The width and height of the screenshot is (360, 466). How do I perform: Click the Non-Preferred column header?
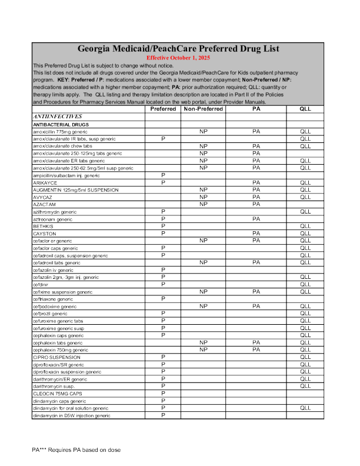point(203,109)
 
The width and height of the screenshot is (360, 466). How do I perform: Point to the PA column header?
point(256,109)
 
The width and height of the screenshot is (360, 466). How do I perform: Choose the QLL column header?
point(305,109)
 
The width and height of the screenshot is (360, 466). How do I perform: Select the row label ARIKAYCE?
point(45,183)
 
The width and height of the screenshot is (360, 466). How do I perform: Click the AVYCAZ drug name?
point(42,197)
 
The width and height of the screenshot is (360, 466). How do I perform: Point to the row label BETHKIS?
point(43,226)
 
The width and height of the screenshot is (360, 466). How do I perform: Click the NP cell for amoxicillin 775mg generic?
point(204,132)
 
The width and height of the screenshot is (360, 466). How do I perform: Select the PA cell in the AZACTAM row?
point(256,204)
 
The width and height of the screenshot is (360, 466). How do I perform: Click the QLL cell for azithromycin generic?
point(305,211)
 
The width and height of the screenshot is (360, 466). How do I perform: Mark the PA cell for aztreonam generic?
point(256,219)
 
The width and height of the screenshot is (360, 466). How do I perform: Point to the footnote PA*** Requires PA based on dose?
point(76,450)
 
